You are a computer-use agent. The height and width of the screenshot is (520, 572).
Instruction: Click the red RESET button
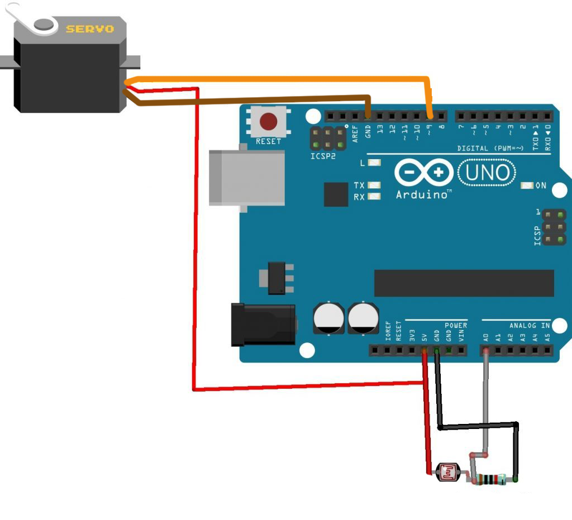pyautogui.click(x=269, y=121)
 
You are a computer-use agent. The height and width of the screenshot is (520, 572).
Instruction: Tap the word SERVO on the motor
pyautogui.click(x=89, y=28)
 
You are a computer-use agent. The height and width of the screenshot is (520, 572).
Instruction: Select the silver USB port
pyautogui.click(x=246, y=178)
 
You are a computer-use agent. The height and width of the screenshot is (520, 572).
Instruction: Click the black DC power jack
pyautogui.click(x=263, y=325)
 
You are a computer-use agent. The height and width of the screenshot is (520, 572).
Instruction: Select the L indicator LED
pyautogui.click(x=375, y=163)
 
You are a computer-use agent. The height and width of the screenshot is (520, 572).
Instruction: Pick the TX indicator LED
pyautogui.click(x=375, y=185)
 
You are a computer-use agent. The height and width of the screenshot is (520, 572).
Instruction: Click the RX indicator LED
pyautogui.click(x=375, y=196)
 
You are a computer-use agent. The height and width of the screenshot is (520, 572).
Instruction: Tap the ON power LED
pyautogui.click(x=527, y=185)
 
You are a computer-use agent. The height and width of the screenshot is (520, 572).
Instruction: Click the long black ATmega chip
pyautogui.click(x=464, y=283)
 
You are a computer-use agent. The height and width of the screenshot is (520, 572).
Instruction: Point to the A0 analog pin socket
pyautogui.click(x=487, y=351)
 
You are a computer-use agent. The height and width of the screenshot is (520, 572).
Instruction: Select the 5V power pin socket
pyautogui.click(x=424, y=351)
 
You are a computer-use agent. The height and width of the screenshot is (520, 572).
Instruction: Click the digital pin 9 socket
pyautogui.click(x=430, y=116)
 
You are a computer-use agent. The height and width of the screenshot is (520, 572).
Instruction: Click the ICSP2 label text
pyautogui.click(x=323, y=157)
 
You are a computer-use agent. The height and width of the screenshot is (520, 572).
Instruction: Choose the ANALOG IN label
pyautogui.click(x=530, y=325)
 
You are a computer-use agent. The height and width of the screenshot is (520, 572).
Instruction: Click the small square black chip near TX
pyautogui.click(x=336, y=194)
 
